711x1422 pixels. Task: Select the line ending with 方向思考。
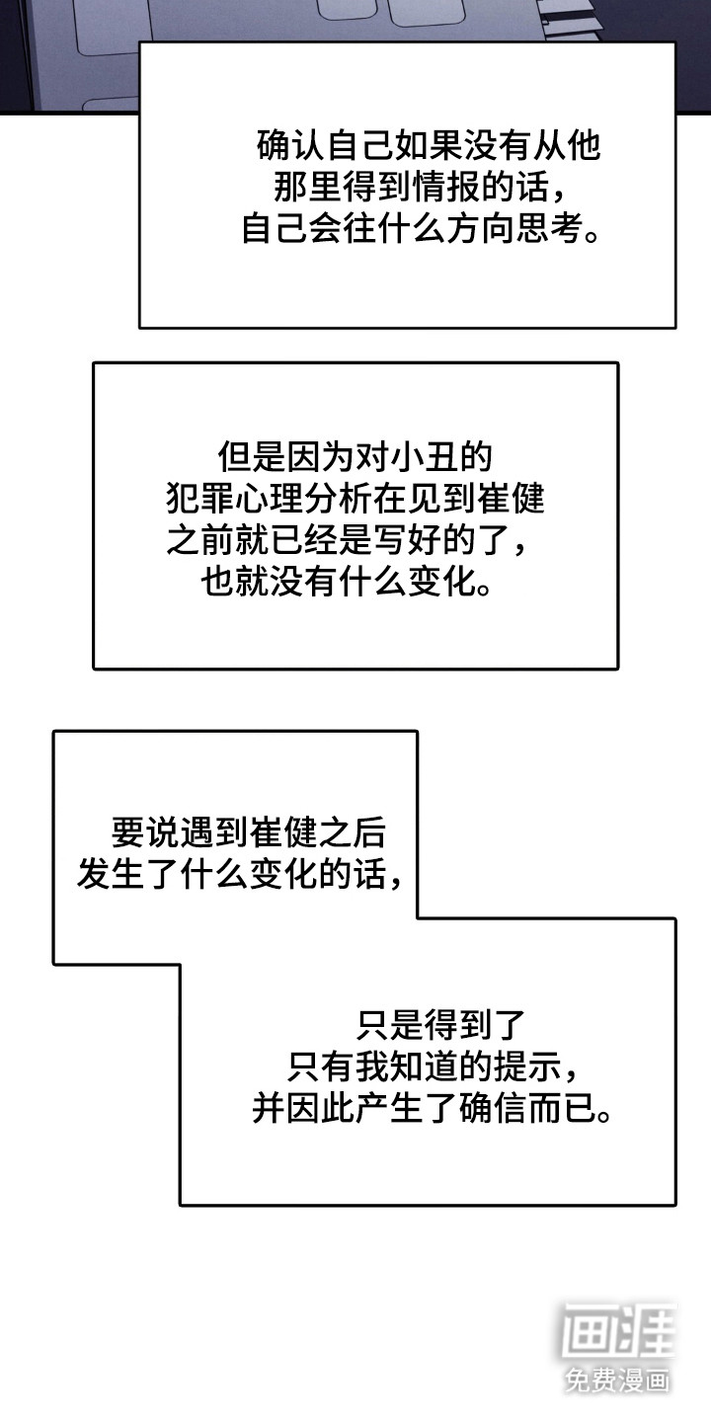pyautogui.click(x=421, y=229)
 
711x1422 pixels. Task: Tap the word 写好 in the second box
pyautogui.click(x=405, y=541)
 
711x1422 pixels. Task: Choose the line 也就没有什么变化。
pyautogui.click(x=346, y=583)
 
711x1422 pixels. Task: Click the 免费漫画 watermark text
pyautogui.click(x=617, y=1379)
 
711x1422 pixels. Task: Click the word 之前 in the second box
pyautogui.click(x=191, y=541)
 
